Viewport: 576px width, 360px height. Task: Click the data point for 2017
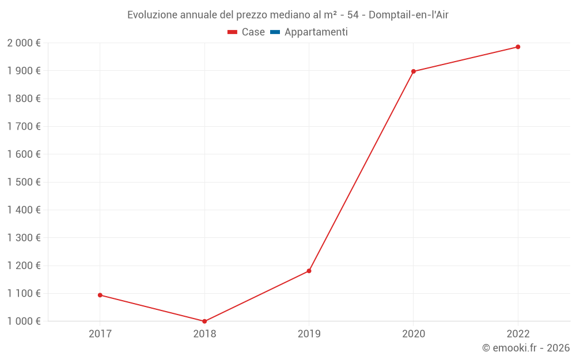coord(100,295)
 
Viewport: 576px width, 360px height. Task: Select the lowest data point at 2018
coord(204,321)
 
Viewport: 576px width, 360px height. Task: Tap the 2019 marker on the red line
coord(309,271)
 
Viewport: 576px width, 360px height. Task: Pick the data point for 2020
coord(414,71)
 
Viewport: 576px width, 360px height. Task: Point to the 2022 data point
coord(518,47)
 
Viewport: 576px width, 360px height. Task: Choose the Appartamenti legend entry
coord(316,32)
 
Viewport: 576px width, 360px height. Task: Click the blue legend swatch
coord(275,32)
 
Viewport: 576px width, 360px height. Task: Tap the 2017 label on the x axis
coord(100,334)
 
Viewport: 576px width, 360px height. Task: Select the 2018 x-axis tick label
coord(204,334)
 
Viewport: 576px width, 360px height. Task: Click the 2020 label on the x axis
coord(414,334)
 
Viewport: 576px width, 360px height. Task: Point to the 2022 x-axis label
coord(518,334)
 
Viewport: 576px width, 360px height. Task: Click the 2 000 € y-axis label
coord(24,43)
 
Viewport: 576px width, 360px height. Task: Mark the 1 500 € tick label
coord(24,182)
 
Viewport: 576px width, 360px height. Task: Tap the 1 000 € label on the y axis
coord(24,321)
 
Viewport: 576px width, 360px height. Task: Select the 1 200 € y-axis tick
coord(24,266)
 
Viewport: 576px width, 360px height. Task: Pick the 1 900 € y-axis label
coord(24,71)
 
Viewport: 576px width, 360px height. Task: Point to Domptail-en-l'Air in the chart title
coord(408,15)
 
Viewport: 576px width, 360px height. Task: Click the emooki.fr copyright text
coord(526,348)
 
